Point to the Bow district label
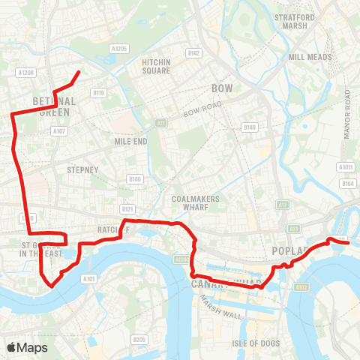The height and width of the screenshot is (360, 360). point(223,88)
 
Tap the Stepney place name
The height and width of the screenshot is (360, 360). point(82,170)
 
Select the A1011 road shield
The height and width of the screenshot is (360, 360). point(346,167)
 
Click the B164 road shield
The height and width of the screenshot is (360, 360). point(347,184)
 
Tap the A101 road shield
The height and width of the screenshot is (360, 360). point(89,279)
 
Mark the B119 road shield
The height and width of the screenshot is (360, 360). point(98,93)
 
